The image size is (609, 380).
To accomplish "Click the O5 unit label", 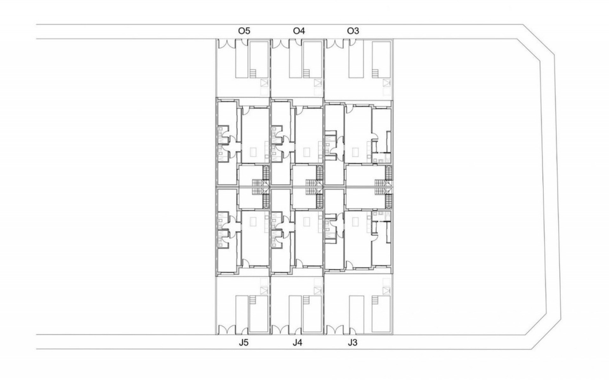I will pos(244,31).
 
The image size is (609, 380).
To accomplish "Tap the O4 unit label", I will pos(299,31).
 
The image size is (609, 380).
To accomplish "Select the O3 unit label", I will pos(353,31).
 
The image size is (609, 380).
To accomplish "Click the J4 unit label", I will pos(298,343).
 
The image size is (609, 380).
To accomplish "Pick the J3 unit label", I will pos(352,343).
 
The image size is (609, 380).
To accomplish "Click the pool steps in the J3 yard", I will pos(375,300).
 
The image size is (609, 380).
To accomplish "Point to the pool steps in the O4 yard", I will pos(306,73).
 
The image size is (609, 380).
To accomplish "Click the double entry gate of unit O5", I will pos(226,44).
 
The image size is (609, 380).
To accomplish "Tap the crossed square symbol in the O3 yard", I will pos(386,83).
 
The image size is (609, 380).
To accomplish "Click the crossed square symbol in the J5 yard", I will pos(264,290).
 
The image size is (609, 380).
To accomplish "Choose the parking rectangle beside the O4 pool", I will pos(295,59).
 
